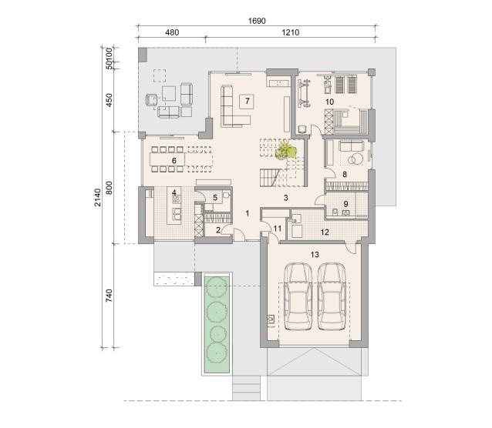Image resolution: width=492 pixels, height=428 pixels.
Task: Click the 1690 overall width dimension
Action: coord(257,21)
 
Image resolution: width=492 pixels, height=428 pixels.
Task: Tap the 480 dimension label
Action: coord(172,32)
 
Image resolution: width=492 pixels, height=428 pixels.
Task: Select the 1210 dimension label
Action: coord(290,32)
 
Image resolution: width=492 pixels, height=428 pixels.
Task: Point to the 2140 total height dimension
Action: coord(98,197)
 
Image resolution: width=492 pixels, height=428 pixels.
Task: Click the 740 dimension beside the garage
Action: coord(109,296)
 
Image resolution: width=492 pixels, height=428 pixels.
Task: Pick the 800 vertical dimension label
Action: coord(109,188)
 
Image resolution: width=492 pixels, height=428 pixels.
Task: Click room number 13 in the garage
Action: coord(315,255)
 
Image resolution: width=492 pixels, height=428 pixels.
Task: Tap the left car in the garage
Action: coord(298,296)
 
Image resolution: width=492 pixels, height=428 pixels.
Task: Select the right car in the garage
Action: coord(332,296)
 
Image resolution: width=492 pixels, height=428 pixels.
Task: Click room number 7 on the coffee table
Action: coord(248,101)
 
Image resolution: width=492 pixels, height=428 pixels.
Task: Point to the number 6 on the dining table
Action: coord(174,161)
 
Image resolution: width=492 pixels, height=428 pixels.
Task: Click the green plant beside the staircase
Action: coord(285,150)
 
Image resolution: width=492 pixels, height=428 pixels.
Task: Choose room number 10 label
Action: coord(329,102)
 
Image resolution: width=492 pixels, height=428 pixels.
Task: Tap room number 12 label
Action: coord(325,232)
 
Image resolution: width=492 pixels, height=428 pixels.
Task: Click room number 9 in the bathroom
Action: coord(345,204)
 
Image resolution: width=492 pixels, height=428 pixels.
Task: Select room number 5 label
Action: coord(215,198)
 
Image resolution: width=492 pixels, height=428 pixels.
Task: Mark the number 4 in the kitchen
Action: coord(174,192)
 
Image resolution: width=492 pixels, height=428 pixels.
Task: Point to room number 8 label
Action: coord(345,174)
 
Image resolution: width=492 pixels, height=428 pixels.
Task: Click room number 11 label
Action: coord(278,229)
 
